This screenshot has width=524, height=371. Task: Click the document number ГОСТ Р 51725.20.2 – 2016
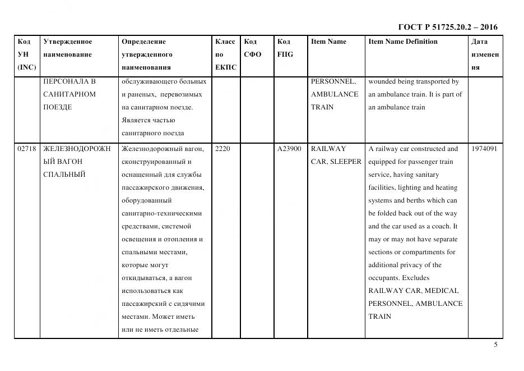[x=447, y=27]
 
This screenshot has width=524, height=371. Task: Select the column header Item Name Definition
[x=403, y=42]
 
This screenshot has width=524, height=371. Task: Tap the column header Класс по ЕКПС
[x=225, y=54]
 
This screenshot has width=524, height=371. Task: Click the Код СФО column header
[x=253, y=48]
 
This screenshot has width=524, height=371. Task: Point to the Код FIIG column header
[x=285, y=48]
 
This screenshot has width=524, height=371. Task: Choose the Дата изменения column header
[x=485, y=54]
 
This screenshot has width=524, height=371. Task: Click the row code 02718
[x=27, y=149]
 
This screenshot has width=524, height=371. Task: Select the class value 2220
[x=222, y=149]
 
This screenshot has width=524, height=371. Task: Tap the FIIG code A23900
[x=289, y=149]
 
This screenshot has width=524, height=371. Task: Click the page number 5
[x=495, y=345]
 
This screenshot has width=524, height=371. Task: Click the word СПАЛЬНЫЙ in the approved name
[x=64, y=175]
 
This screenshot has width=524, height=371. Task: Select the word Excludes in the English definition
[x=415, y=278]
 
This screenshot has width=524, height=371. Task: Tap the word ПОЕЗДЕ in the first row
[x=57, y=107]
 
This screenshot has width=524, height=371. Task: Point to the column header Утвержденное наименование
[x=68, y=48]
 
